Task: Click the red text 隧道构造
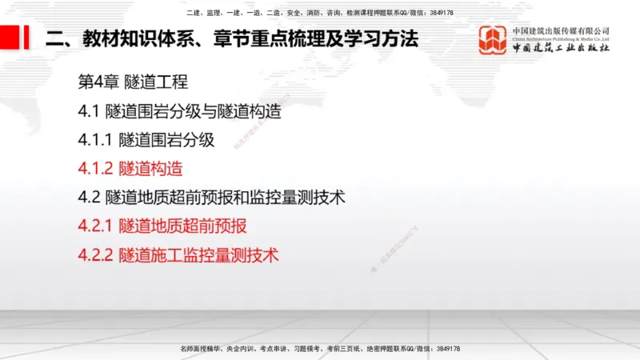(150, 169)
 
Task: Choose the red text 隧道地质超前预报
(182, 226)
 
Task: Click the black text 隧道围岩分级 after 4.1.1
(166, 140)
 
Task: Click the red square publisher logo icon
(494, 40)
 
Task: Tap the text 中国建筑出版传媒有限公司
(561, 30)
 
